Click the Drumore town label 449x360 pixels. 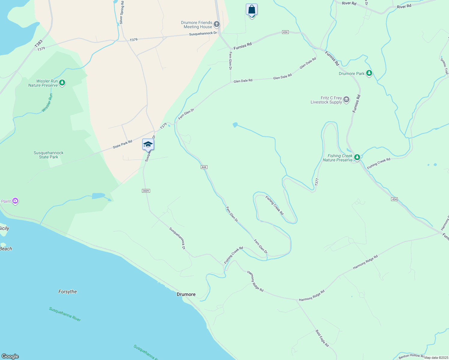tap(186, 294)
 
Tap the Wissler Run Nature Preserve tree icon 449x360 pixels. tap(62, 82)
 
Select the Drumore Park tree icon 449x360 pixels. tap(369, 73)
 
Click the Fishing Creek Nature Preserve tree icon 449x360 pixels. tap(357, 157)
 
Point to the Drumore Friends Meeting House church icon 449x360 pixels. tap(217, 24)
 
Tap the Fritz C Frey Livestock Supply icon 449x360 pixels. tap(346, 100)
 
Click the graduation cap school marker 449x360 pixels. tap(148, 145)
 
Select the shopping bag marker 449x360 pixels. tap(252, 10)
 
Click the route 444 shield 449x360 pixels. tap(204, 167)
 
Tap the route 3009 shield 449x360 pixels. tap(146, 191)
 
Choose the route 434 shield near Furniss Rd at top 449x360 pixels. tap(285, 32)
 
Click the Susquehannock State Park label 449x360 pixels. tap(49, 155)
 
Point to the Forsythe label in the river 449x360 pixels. tap(68, 292)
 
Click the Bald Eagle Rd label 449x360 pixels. tap(322, 338)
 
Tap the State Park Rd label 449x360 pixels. tap(122, 144)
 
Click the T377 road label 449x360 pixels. tap(317, 182)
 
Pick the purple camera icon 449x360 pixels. tap(15, 201)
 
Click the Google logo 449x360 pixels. tap(10, 356)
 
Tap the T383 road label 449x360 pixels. tap(39, 44)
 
